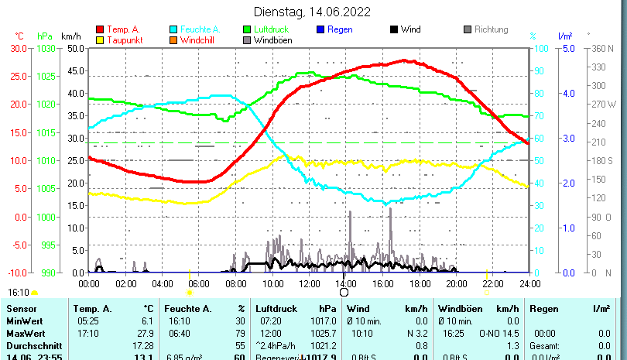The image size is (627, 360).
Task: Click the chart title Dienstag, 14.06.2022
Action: coord(313,12)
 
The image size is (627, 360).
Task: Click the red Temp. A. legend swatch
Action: coord(101,29)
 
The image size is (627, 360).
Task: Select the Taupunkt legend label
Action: coord(123,40)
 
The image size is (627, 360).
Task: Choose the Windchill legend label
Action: coord(199,40)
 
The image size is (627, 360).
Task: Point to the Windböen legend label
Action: coord(273,40)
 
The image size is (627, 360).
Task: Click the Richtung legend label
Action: coord(492,29)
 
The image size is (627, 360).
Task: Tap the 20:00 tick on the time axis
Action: coord(456,283)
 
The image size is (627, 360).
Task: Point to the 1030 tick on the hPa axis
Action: coord(46,48)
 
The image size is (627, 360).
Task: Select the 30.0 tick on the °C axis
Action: coord(18,48)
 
